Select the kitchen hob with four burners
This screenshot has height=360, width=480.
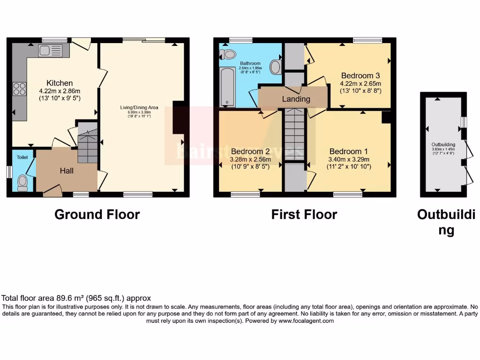click(x=20, y=89)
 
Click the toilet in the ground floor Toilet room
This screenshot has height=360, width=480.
click(x=22, y=183)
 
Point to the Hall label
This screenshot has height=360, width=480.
click(x=67, y=171)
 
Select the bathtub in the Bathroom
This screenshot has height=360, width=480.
click(x=227, y=87)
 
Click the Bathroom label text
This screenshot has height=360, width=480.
click(x=250, y=63)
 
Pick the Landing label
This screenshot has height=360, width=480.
click(x=296, y=99)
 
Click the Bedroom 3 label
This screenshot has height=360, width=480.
click(x=360, y=75)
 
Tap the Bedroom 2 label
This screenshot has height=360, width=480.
click(x=250, y=151)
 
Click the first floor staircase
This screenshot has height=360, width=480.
click(x=294, y=134)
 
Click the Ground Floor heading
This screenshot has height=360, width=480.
click(x=97, y=214)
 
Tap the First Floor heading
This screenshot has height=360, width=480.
click(x=304, y=214)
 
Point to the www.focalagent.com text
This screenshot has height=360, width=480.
click(x=306, y=321)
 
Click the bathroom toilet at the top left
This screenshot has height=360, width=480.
click(x=229, y=54)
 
